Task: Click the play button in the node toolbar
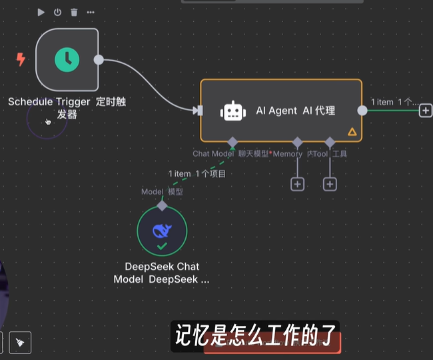[41, 12]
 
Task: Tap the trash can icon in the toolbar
[74, 12]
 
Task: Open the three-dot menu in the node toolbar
[91, 12]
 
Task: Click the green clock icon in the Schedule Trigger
[67, 60]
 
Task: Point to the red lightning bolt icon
[21, 60]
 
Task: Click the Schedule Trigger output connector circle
[99, 60]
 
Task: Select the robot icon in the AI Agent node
[232, 111]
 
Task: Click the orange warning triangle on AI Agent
[352, 132]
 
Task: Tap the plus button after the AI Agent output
[425, 111]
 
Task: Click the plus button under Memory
[297, 184]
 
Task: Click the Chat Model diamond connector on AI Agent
[232, 141]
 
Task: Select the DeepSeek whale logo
[162, 230]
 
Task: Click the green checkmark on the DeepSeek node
[162, 247]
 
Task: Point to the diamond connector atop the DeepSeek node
[162, 206]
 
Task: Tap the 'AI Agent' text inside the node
[276, 111]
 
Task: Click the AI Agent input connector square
[199, 111]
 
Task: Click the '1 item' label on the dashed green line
[180, 174]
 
